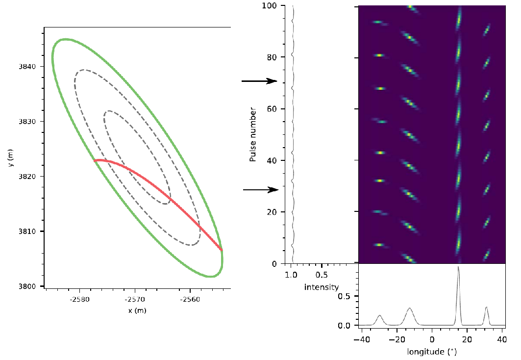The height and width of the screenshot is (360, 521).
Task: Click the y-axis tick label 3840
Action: point(31,66)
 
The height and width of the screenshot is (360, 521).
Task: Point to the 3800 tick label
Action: point(31,286)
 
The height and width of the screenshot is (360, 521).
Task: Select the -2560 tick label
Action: point(189,299)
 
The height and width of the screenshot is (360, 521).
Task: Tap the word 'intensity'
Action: point(321,286)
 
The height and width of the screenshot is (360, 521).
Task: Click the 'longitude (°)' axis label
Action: point(432,352)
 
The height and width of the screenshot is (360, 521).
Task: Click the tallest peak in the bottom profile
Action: point(458,267)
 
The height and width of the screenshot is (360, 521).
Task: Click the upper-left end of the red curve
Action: point(94,160)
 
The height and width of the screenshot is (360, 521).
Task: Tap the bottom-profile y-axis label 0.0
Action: point(345,325)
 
